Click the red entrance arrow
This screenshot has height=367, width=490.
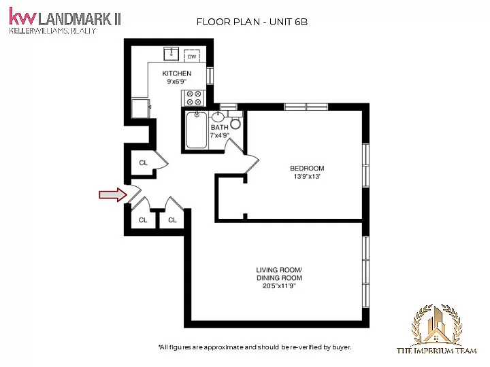pos(113,195)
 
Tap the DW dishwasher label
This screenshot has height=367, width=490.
pos(192,56)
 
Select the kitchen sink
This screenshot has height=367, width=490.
pos(171,54)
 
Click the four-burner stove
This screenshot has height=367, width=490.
pos(193,98)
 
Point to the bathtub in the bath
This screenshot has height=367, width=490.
pos(197,130)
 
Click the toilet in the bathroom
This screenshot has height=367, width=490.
pos(235,121)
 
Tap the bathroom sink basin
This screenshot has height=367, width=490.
pos(218,117)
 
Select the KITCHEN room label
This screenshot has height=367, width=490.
pos(176,73)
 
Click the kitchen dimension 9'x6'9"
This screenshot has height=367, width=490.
pos(176,82)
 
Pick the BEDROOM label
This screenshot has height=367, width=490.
pos(307,169)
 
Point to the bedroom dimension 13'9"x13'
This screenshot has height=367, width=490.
pos(307,176)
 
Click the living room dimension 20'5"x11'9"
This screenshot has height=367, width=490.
pos(279,286)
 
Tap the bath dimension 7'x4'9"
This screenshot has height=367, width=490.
pos(220,135)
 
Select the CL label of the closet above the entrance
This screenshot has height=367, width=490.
pos(143,162)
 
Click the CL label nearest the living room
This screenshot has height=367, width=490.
pos(172,220)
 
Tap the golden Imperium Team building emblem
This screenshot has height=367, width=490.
pos(436,325)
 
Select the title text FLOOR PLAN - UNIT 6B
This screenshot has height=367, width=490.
pos(252,22)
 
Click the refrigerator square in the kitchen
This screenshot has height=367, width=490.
pos(140,108)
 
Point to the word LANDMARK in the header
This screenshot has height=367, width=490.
pos(75,19)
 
